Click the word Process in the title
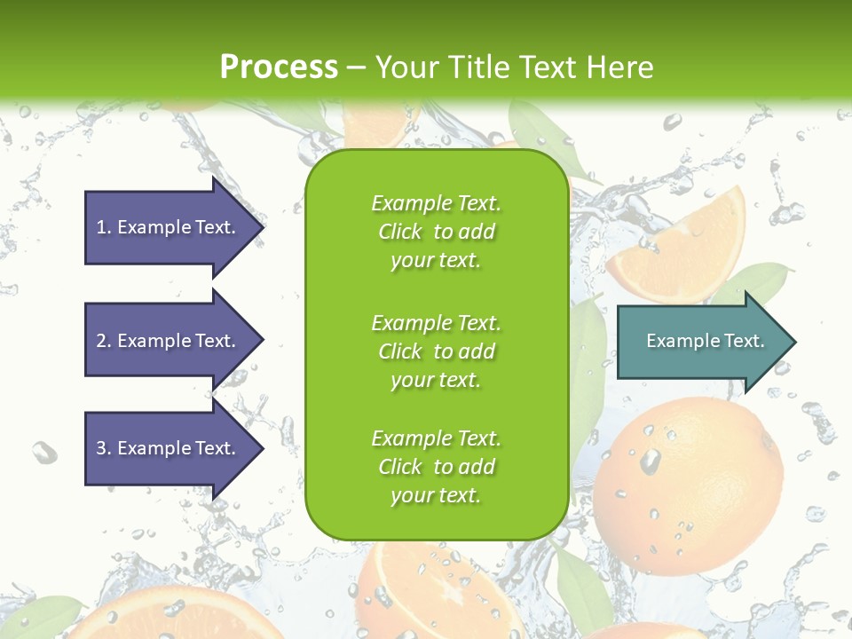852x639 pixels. (x=279, y=67)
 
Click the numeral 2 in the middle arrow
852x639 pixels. (x=101, y=341)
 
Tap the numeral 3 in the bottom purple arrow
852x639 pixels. (x=101, y=448)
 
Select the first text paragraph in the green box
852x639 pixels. (x=436, y=232)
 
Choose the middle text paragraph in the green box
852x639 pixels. (x=436, y=351)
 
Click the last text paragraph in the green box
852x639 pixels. (x=436, y=467)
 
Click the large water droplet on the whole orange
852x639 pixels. (x=651, y=460)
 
